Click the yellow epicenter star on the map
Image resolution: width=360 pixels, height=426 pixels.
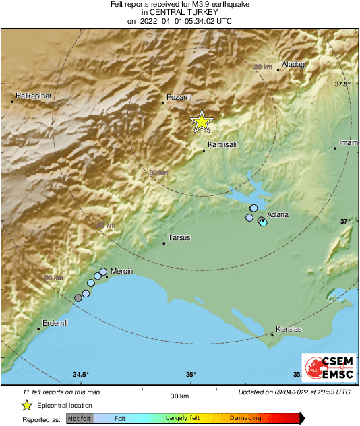point(201,122)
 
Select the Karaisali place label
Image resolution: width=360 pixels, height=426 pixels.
point(222,145)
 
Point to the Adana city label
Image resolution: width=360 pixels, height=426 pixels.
point(278,214)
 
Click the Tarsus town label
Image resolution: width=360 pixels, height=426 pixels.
point(179,238)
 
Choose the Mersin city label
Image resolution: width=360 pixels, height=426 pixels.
point(121,271)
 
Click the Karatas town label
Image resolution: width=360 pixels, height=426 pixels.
point(289,329)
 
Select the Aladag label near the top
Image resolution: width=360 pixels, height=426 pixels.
point(293,64)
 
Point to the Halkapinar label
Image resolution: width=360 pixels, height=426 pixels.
point(34,96)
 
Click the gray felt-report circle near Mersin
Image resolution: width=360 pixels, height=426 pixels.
point(78,297)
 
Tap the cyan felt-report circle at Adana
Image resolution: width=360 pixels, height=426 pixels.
point(264,222)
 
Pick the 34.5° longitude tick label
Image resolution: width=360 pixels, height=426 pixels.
point(81,374)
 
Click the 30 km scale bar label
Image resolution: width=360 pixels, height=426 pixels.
point(179,396)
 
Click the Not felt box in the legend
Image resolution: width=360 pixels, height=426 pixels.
point(80,418)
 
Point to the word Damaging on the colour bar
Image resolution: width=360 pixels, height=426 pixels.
point(245,418)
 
